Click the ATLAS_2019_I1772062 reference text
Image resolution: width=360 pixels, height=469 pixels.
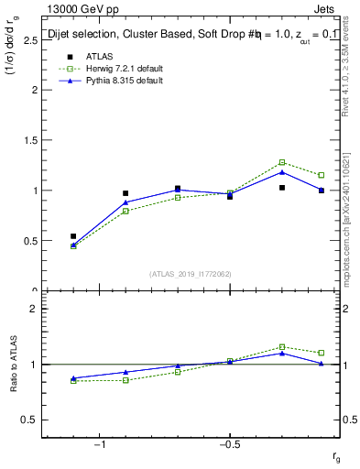tap(191, 273)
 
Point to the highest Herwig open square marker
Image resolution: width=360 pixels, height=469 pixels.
tap(282, 162)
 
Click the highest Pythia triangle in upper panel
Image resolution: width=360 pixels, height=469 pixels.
tap(282, 172)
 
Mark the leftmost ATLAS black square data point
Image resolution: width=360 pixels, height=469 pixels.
tap(73, 236)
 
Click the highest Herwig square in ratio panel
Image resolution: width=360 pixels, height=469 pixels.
tap(282, 347)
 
